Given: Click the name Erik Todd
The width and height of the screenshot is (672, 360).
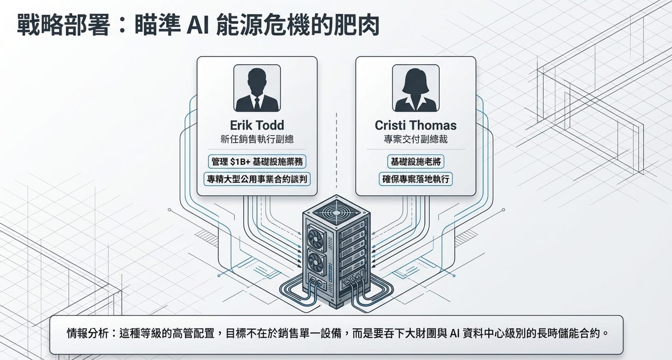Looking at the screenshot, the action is coord(257,126).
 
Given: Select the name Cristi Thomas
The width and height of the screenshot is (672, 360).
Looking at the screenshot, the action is coord(415,126).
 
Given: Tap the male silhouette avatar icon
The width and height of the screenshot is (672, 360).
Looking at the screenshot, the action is coord(257,88).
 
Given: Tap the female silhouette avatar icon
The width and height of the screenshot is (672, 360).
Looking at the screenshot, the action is coord(415,88).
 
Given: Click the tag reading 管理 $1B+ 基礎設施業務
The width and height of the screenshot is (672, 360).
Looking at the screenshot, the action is coord(257,162).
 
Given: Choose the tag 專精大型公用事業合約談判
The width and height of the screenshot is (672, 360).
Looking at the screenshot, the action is coord(257,179).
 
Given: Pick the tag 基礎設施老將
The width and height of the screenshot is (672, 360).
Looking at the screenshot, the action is coord(415,162).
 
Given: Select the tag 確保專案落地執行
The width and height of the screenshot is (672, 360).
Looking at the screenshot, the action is coord(415,179).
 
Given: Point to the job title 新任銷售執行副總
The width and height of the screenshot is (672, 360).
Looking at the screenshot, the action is coord(257,139).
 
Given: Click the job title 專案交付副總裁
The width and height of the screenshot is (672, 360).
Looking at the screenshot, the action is coord(415,139).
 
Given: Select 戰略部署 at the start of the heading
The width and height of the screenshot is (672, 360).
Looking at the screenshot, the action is coord(63,27).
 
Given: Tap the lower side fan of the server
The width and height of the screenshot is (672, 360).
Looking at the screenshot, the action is coord(317,264).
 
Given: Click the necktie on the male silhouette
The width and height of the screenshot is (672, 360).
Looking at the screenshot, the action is coord(257,102).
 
